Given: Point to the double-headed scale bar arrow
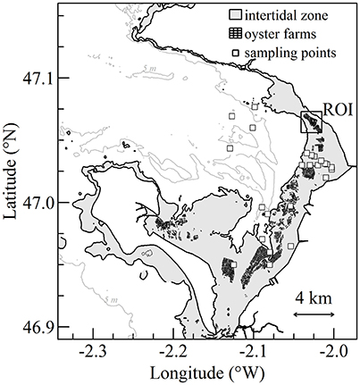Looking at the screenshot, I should tap(314, 314).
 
